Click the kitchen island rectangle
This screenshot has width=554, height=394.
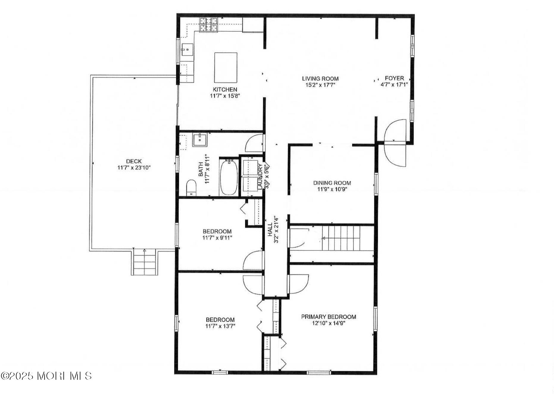(226, 68)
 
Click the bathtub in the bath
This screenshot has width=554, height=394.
(229, 177)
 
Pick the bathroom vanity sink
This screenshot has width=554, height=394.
(200, 140)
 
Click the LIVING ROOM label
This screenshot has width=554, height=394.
(320, 79)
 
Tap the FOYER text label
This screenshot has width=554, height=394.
(394, 78)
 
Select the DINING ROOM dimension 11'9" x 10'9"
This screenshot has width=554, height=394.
(332, 189)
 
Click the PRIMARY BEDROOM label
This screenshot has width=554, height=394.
(328, 317)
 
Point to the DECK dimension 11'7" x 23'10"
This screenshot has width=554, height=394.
(134, 168)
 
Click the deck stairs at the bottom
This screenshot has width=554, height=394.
(145, 263)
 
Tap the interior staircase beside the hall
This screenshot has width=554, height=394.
(341, 238)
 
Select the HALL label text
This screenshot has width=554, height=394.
(270, 230)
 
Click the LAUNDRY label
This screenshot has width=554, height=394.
(259, 177)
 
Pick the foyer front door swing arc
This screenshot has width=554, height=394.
(395, 143)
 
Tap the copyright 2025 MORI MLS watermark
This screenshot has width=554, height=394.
(46, 376)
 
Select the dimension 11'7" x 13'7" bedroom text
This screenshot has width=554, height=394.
(220, 326)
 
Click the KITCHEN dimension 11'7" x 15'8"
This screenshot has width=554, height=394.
(225, 96)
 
